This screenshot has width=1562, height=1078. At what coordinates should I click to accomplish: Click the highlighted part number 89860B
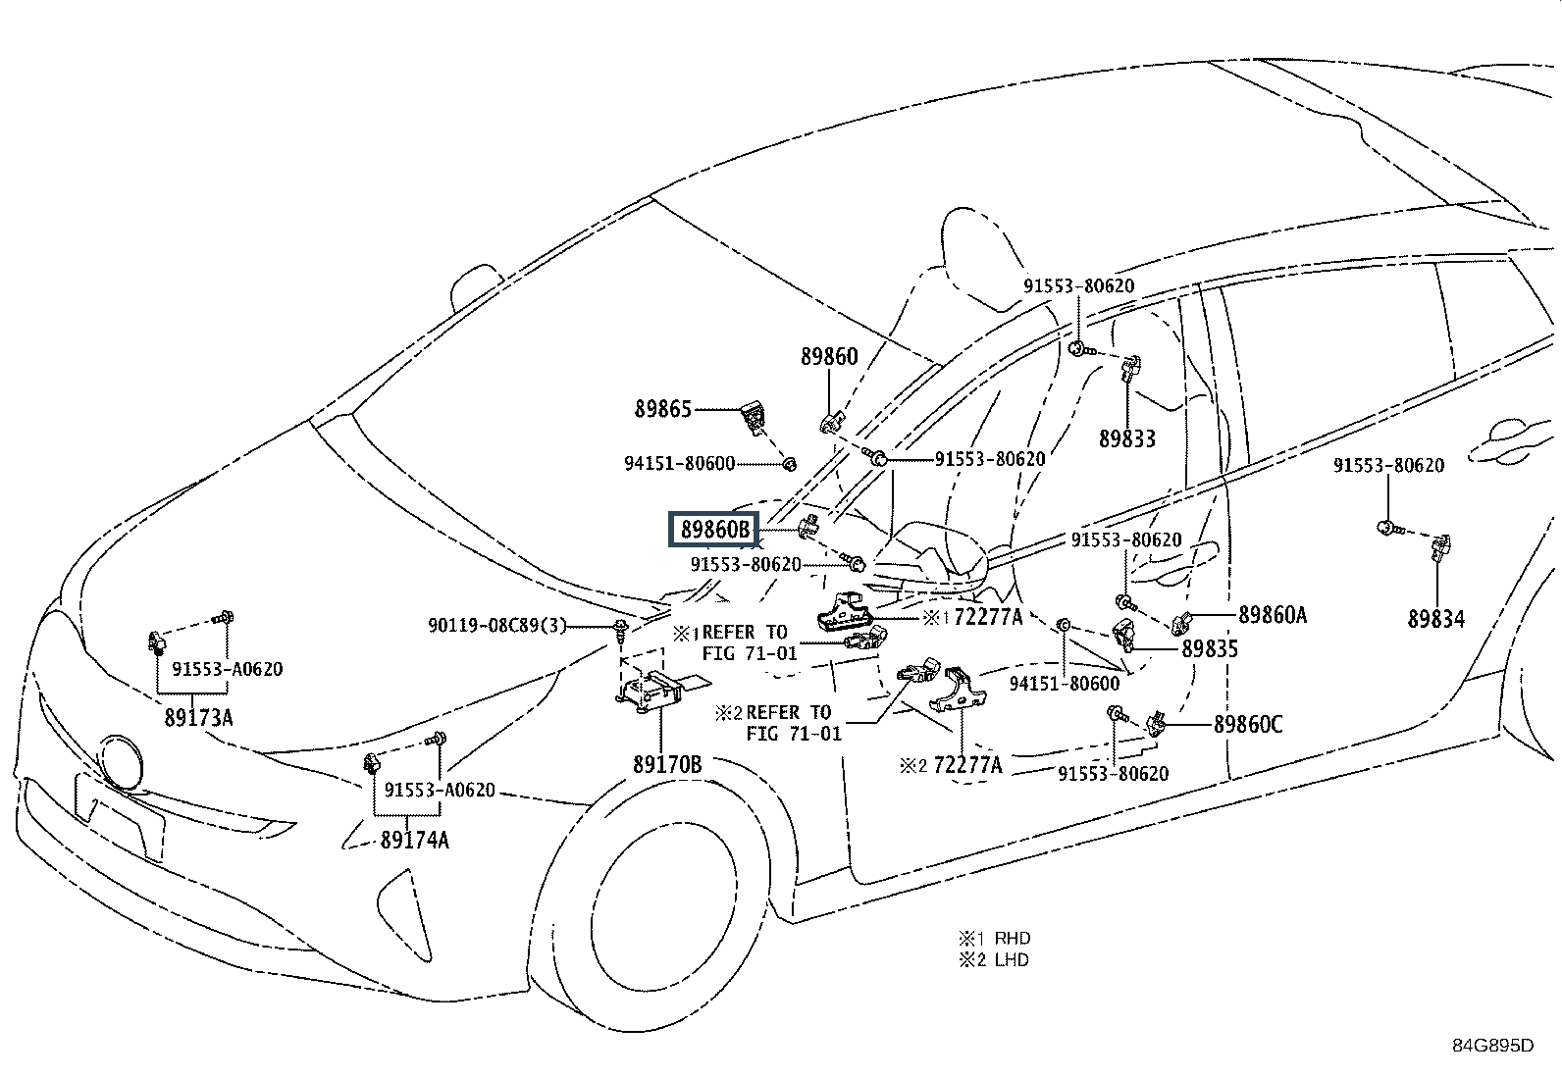click(715, 531)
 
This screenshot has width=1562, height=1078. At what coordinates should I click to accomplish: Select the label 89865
click(663, 410)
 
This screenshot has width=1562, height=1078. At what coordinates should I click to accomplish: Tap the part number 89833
click(1127, 439)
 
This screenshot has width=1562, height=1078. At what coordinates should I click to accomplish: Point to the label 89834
click(1435, 619)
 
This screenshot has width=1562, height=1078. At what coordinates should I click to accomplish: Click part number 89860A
click(1273, 615)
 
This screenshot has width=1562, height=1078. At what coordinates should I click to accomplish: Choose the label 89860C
click(1248, 725)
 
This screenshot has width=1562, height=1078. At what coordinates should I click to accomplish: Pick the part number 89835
click(1210, 648)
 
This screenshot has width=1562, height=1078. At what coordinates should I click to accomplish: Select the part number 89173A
click(199, 717)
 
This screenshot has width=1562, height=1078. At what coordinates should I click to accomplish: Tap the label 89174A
click(415, 840)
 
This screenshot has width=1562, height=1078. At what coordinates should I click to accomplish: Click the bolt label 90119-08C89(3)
click(497, 625)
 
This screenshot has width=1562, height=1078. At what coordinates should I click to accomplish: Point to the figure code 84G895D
click(1492, 1045)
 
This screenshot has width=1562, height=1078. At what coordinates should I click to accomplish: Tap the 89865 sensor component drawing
click(753, 419)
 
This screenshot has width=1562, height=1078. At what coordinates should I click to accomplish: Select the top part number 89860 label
click(829, 357)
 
